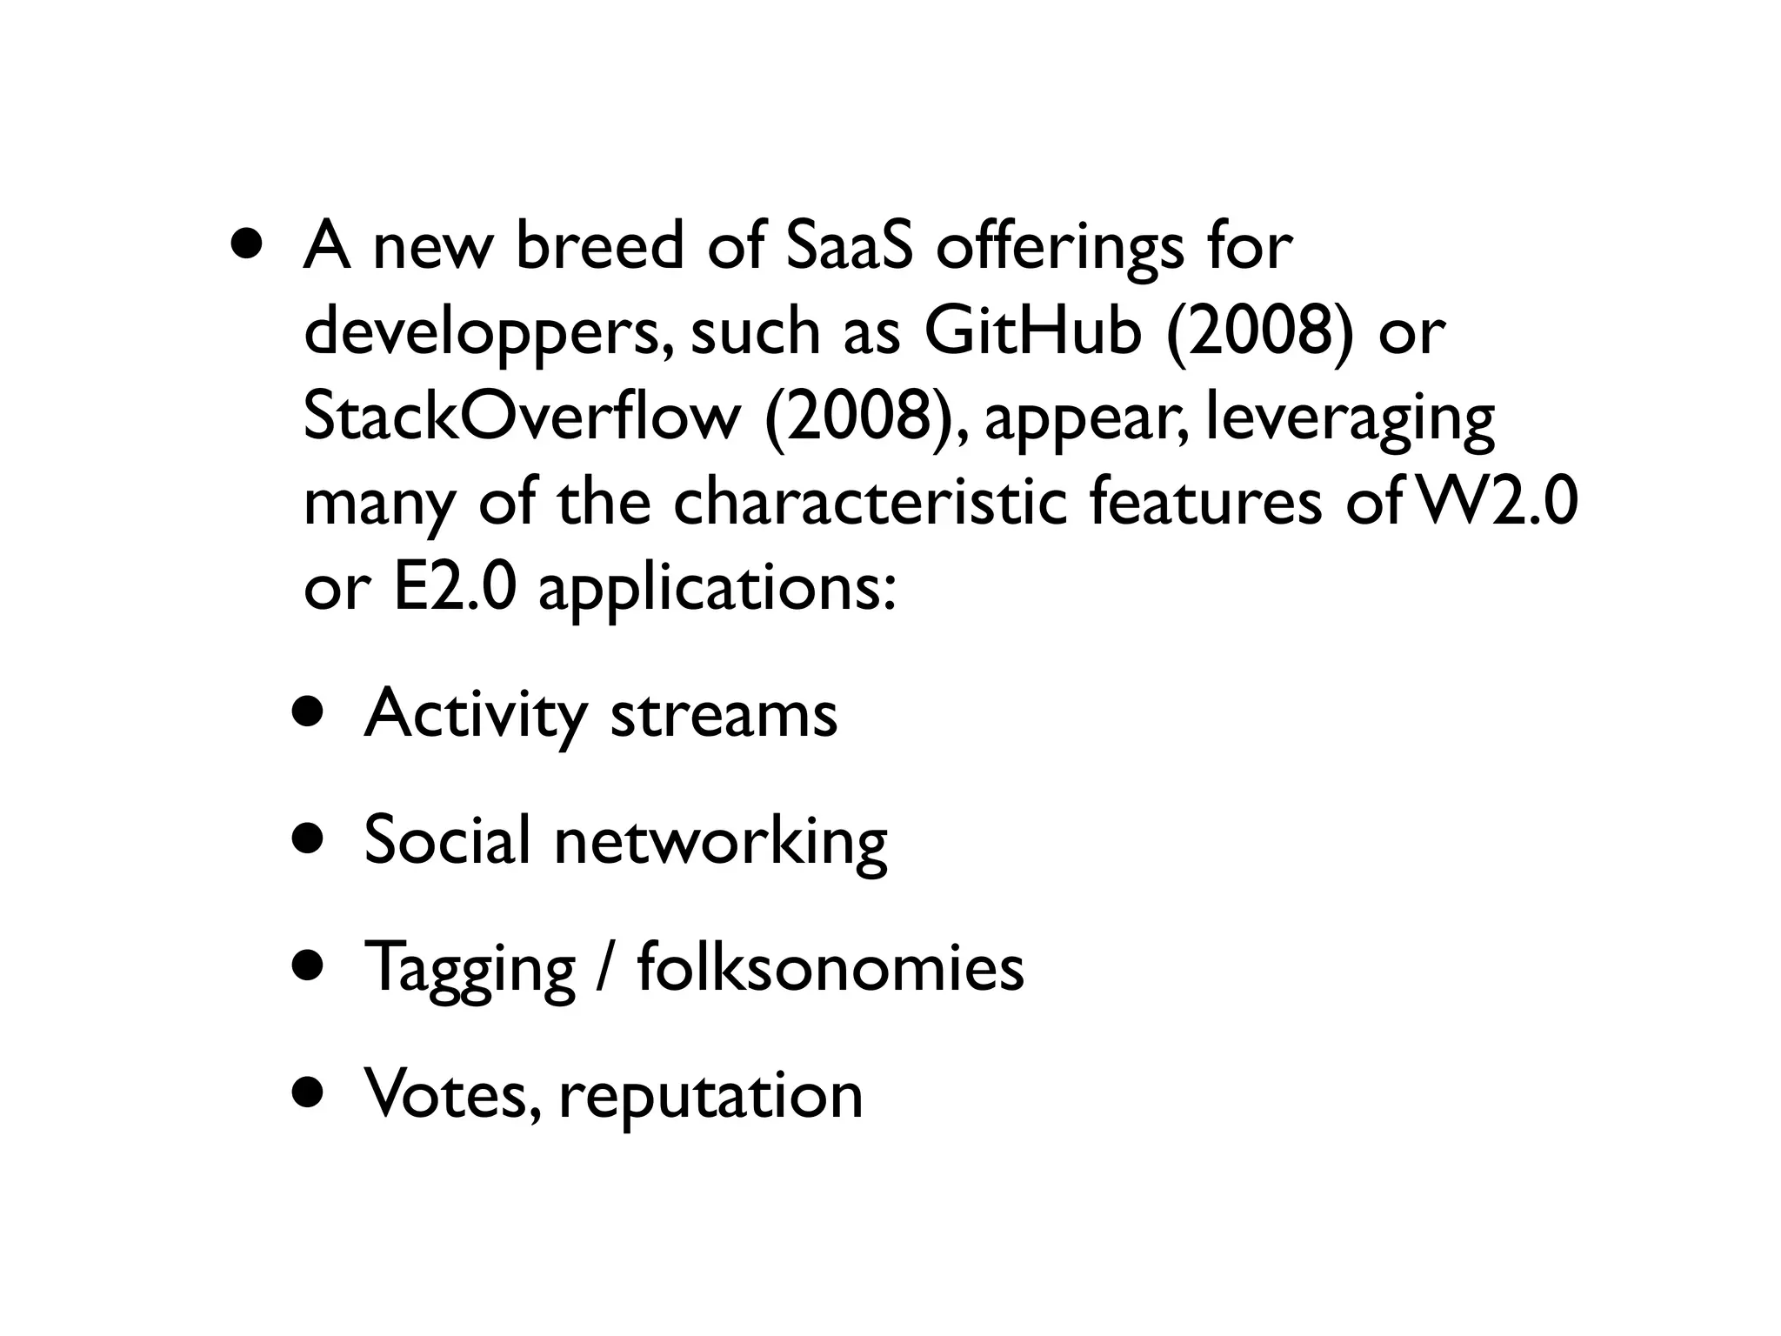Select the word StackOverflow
pos(521,417)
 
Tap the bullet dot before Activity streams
pos(309,714)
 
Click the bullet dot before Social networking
pos(309,841)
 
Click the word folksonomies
pos(830,967)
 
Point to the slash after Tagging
pos(605,967)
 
